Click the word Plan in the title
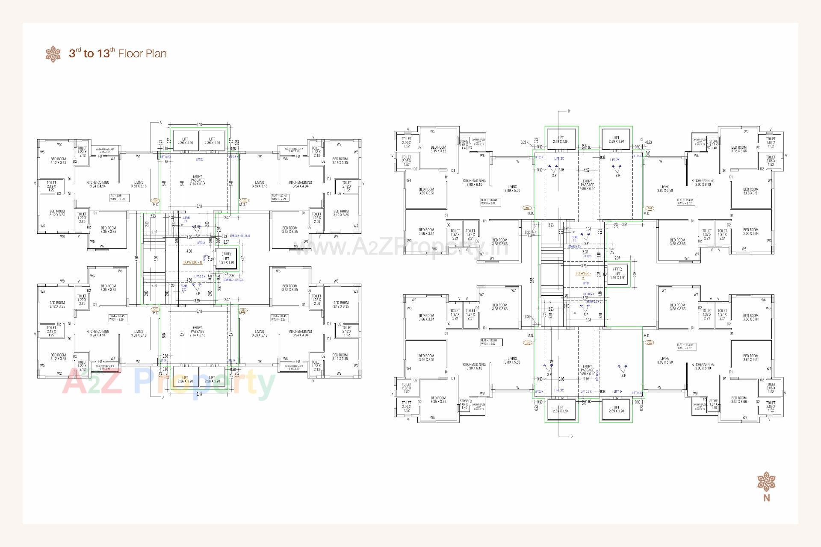[x=156, y=54]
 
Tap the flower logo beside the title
[x=53, y=54]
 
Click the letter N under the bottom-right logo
[x=766, y=498]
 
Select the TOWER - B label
[x=192, y=262]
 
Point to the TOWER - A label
[x=583, y=275]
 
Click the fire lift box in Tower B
[x=226, y=259]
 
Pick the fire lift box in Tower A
[x=617, y=273]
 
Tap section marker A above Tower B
[x=161, y=123]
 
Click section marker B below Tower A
[x=571, y=436]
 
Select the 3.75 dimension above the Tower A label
[x=584, y=266]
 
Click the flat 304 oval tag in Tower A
[x=527, y=208]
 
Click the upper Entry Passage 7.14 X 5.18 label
[x=197, y=180]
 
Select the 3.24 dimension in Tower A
[x=624, y=224]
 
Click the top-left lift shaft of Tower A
[x=561, y=139]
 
